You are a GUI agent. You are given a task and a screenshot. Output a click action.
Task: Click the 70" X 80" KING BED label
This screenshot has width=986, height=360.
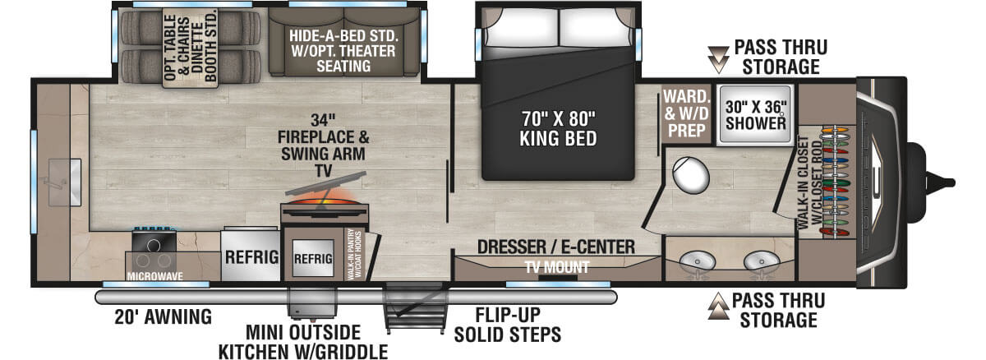(558, 128)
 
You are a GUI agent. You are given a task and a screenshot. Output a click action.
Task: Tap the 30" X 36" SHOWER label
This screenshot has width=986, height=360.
(755, 115)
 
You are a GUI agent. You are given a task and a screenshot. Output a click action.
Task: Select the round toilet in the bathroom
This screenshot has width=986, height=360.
(690, 175)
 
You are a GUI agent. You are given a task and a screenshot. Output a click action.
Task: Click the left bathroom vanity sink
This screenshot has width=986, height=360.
(697, 261)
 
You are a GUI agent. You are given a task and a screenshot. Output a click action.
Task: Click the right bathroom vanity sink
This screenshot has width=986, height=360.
(762, 261)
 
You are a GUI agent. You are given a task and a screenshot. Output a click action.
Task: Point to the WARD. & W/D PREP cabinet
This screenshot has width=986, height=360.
(686, 113)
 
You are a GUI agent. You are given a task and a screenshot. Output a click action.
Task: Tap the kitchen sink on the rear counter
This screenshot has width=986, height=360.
(65, 182)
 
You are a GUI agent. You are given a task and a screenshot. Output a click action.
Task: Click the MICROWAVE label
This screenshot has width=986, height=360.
(155, 276)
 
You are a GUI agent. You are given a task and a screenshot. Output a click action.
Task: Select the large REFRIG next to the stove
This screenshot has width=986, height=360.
(251, 256)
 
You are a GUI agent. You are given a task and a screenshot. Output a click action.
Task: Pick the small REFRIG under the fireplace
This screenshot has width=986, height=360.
(313, 258)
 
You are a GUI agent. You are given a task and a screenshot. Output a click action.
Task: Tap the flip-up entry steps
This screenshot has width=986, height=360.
(416, 308)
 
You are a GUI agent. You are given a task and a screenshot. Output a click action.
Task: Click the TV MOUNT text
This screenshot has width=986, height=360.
(557, 267)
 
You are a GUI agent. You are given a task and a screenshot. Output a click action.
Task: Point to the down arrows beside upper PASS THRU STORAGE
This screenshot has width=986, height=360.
(718, 59)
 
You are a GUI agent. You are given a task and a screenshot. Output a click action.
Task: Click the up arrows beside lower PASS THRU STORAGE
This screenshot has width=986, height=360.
(718, 306)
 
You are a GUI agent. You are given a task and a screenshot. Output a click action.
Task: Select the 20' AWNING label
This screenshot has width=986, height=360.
(163, 317)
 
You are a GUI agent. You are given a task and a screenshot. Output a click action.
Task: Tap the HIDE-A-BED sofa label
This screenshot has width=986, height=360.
(343, 51)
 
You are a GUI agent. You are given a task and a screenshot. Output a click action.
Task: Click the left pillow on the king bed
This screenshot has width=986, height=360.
(522, 26)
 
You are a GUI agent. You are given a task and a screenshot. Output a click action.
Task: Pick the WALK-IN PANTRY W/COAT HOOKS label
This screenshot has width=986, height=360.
(354, 254)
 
